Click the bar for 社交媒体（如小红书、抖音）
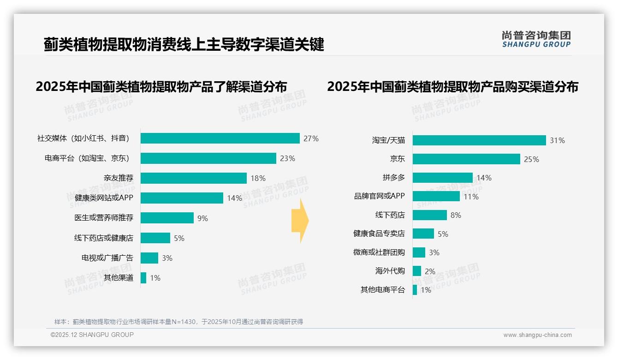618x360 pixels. pos(220,138)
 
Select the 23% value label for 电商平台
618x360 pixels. pos(287,158)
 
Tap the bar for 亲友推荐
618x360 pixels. pos(194,178)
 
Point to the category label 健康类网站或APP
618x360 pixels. pos(104,198)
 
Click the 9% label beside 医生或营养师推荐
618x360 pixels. pos(202,218)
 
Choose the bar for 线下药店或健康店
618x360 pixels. pos(155,238)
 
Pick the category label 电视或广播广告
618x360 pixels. pos(107,258)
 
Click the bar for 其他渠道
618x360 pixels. pos(143,278)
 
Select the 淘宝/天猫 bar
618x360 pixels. pos(479,140)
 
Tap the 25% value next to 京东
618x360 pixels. pos(531,159)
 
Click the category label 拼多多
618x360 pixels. pos(393,178)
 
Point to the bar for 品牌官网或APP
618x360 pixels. pos(436,196)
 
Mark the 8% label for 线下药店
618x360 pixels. pos(456,215)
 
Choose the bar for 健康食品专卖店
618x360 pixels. pos(423,234)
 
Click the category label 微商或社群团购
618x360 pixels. pos(379,252)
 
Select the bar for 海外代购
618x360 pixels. pos(417,271)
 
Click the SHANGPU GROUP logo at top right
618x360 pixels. pos(536,39)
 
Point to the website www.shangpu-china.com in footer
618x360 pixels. pos(537,335)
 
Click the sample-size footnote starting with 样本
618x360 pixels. pos(179,322)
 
